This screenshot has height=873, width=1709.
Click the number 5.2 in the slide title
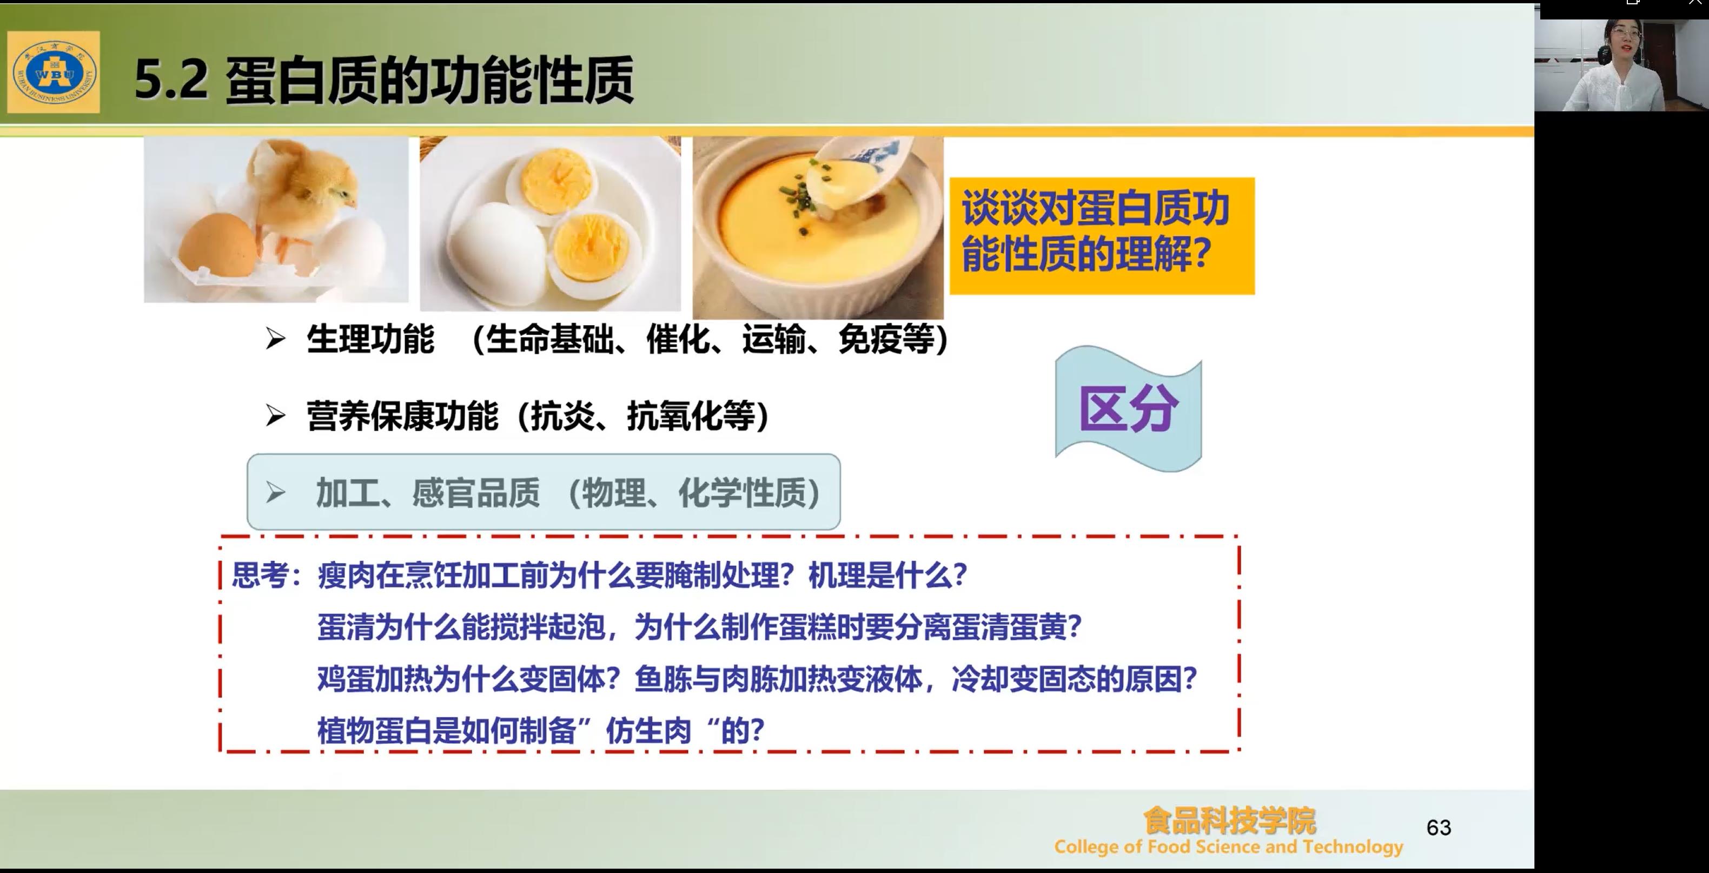coord(171,80)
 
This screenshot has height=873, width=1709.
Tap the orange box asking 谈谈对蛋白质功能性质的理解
coord(1102,235)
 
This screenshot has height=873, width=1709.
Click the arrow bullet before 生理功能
coord(275,339)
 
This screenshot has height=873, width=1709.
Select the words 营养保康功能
coord(402,416)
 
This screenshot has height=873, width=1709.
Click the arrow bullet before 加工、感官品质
coord(275,492)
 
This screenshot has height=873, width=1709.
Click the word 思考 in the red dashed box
coord(260,575)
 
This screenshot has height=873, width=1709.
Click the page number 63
coord(1439,827)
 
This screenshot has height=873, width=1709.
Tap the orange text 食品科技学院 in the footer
coord(1229,821)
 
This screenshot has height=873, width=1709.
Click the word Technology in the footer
coord(1353,847)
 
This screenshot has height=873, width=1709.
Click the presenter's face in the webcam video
coord(1623,42)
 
